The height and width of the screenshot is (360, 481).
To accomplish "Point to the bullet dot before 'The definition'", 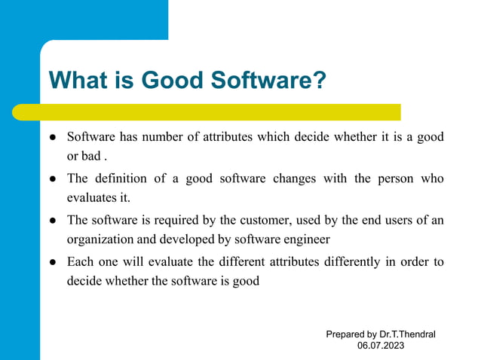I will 54,179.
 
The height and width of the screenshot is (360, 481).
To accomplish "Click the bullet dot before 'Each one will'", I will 54,262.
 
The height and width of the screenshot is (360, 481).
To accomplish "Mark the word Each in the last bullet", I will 80,261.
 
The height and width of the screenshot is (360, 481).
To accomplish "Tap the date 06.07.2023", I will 381,345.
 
